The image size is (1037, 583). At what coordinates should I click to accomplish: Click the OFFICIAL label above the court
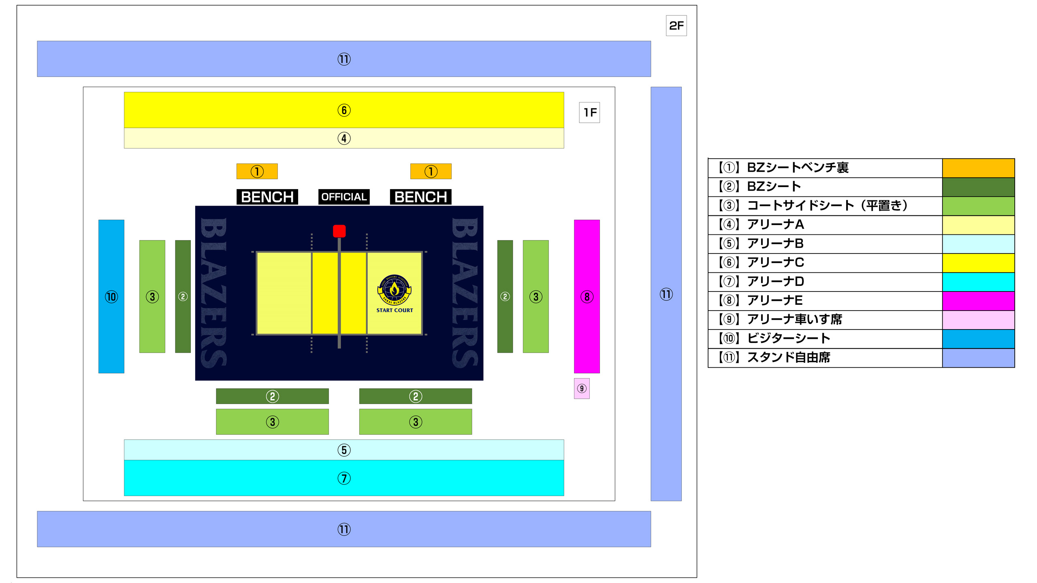tap(344, 197)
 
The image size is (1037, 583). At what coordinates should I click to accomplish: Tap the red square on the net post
tap(339, 231)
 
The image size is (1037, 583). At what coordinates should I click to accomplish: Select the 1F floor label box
tap(589, 112)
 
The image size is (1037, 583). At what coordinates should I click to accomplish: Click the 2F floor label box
tap(676, 26)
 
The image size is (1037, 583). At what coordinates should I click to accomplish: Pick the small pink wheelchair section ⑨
tap(582, 389)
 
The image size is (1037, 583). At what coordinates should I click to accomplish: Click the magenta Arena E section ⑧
tap(587, 296)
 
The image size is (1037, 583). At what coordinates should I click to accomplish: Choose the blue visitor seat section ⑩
tap(111, 296)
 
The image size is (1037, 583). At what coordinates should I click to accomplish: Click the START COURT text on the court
tap(395, 310)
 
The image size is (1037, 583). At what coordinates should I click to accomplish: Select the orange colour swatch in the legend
tap(978, 168)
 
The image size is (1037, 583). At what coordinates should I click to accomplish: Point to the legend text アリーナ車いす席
tap(794, 319)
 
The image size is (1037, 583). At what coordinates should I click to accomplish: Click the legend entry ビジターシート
tap(788, 338)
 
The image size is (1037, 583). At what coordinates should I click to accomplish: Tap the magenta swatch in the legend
tap(978, 301)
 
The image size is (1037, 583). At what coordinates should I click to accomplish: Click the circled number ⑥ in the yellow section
tap(344, 110)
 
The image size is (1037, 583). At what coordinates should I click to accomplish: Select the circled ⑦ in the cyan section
tap(344, 478)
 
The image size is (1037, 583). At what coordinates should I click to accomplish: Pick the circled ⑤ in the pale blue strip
tap(344, 450)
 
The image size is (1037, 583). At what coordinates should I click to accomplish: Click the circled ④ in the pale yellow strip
tap(344, 138)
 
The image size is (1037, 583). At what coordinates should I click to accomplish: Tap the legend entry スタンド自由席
tap(788, 357)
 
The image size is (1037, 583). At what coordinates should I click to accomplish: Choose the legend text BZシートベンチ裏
tap(797, 168)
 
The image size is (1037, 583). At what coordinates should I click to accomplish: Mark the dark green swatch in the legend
tap(978, 187)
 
